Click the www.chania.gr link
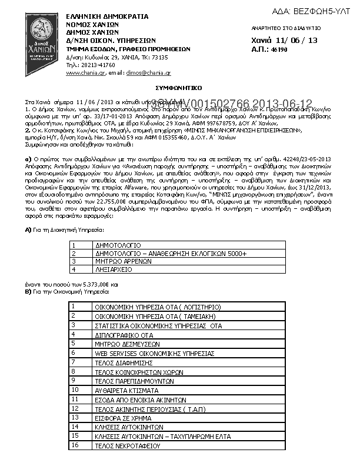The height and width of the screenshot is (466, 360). pos(82,72)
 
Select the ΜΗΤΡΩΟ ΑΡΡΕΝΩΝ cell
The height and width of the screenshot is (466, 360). pos(120,261)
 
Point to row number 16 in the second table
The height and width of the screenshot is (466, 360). pos(74,445)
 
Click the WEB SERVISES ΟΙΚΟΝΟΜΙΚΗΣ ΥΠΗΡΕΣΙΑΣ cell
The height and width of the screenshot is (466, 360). pos(153,353)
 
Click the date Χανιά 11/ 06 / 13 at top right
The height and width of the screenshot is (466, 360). pos(285,40)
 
